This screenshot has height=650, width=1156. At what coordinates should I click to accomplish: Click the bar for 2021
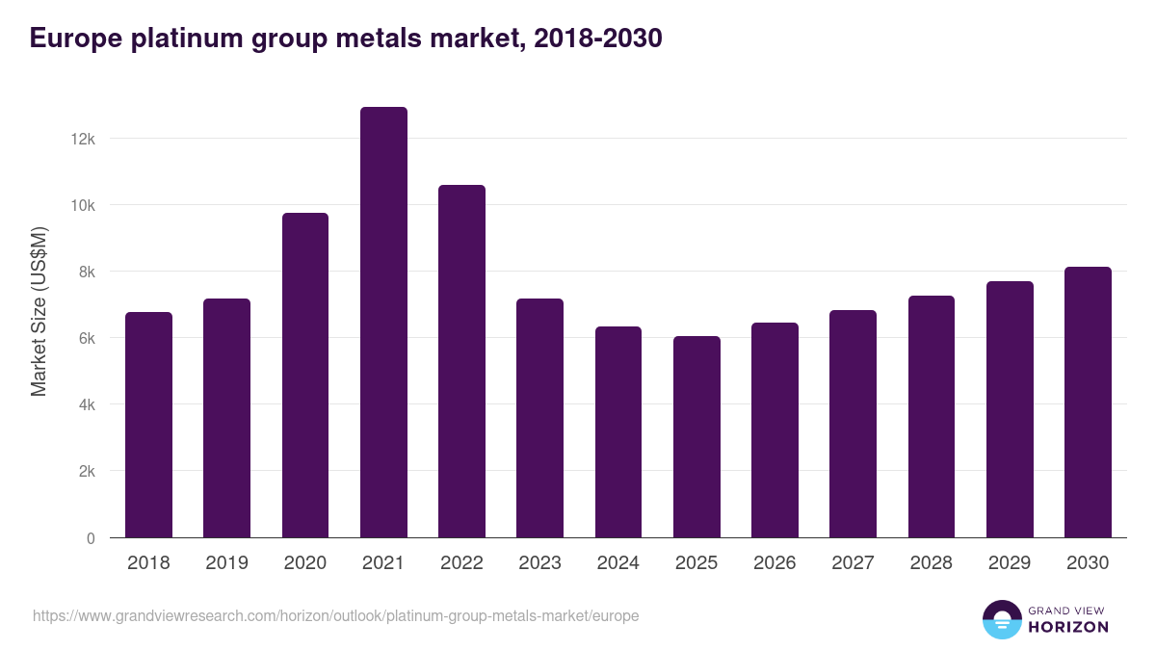tap(383, 323)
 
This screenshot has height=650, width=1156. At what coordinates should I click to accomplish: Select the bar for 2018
tap(148, 425)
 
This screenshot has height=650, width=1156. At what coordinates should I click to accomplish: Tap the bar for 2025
tap(696, 437)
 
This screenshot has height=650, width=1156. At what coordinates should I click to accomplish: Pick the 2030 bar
tap(1088, 403)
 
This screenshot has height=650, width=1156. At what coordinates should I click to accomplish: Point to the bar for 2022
tap(461, 361)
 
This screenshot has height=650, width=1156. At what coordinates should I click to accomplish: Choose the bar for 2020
tap(305, 376)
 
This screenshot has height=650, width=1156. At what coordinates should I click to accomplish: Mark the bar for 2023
tap(539, 418)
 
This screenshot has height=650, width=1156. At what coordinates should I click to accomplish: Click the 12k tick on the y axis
tap(83, 139)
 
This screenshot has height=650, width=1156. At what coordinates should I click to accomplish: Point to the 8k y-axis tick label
tap(86, 272)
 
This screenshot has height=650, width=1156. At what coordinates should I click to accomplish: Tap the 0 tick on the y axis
tap(91, 538)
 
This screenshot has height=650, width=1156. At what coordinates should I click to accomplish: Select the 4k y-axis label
tap(86, 405)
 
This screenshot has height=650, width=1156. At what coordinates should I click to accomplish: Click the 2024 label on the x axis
tap(617, 563)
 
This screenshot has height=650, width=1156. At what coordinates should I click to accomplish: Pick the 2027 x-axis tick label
tap(853, 563)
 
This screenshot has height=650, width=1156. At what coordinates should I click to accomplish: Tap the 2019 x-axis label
tap(226, 563)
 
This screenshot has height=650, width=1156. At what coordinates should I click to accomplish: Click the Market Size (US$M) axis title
tap(39, 311)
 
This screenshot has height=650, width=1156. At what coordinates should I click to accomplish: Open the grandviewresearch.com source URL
tap(335, 615)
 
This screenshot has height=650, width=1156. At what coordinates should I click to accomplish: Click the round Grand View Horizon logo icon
tap(1001, 620)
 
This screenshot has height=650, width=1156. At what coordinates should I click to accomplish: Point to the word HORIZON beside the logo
tap(1068, 627)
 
